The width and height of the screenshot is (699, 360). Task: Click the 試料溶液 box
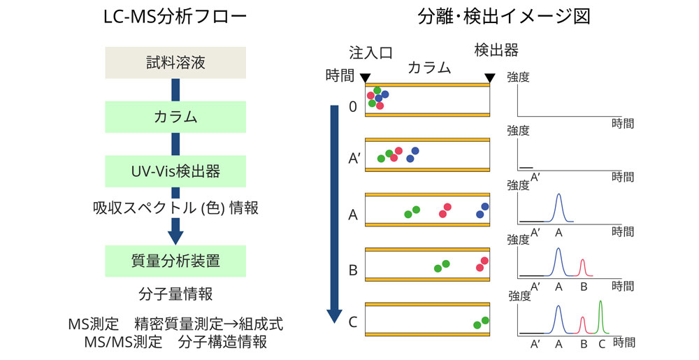(175, 63)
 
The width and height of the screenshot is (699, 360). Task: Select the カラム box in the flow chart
(175, 117)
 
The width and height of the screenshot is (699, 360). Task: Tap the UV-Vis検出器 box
(175, 171)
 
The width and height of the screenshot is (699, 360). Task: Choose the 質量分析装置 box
(175, 261)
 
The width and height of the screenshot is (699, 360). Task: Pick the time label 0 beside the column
(352, 107)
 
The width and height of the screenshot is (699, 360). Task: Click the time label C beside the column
(352, 322)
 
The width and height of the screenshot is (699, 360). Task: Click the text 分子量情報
(175, 293)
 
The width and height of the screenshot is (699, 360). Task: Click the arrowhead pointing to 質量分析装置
(175, 235)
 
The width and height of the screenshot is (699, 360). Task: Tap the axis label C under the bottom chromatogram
(602, 344)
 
